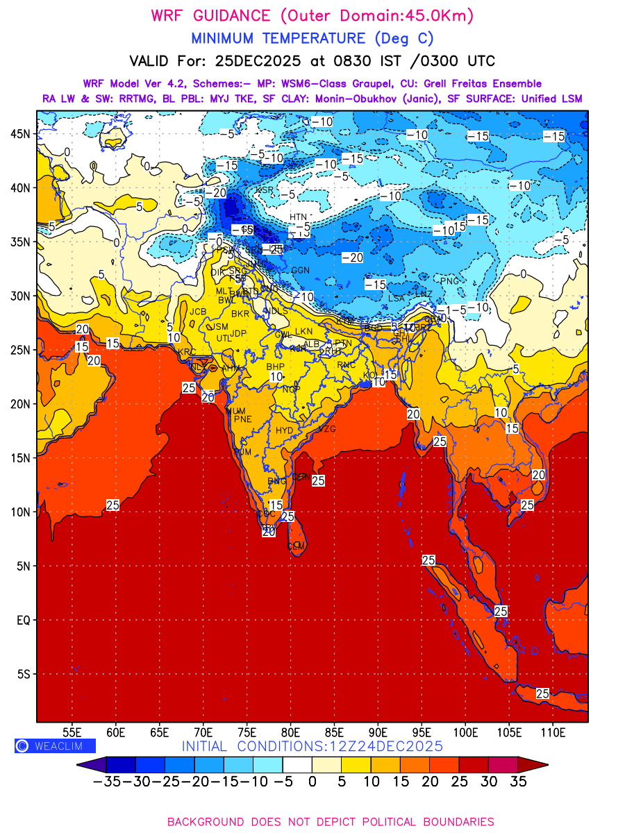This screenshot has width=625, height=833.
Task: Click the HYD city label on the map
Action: point(285,430)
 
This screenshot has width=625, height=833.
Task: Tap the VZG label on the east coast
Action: point(326,429)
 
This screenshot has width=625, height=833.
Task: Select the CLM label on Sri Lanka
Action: point(297,546)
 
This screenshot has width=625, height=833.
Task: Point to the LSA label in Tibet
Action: point(397,298)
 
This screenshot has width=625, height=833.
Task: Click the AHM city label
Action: point(231,369)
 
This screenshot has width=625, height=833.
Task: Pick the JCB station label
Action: point(199,312)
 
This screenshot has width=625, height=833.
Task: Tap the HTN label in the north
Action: point(298,217)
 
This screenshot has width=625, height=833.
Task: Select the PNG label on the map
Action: point(450,280)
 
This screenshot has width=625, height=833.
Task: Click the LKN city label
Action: point(304,331)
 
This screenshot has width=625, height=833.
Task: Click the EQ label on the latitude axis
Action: point(23,620)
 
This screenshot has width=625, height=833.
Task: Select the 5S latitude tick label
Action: point(24,674)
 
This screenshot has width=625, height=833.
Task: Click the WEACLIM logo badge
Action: point(55,746)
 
